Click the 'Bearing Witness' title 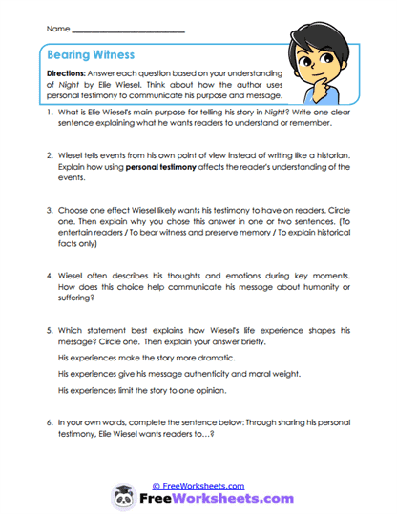(x=93, y=55)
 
